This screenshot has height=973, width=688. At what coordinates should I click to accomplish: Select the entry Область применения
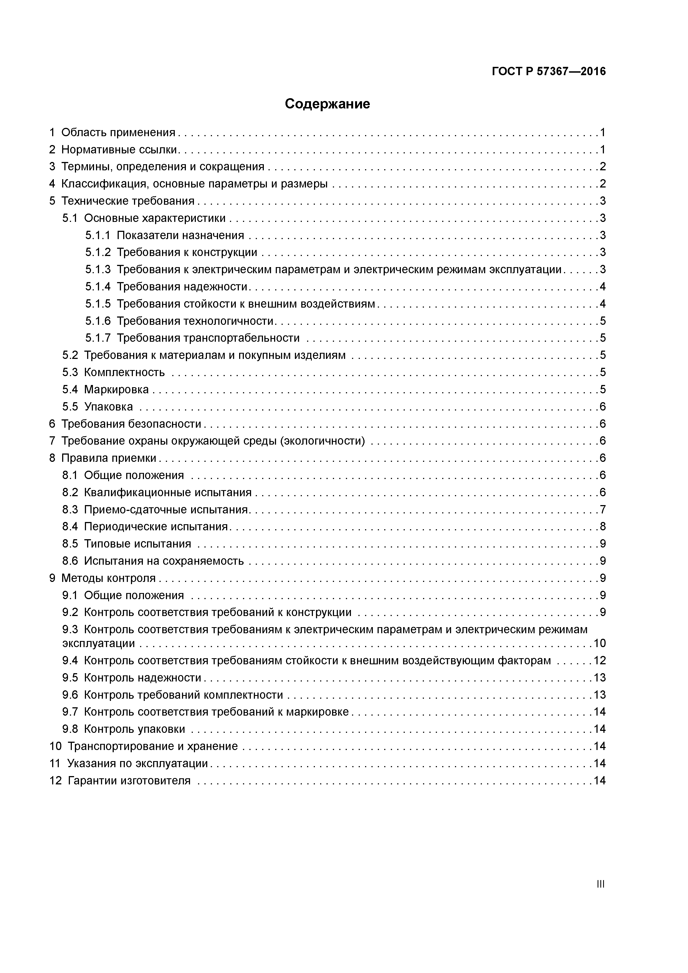tap(118, 133)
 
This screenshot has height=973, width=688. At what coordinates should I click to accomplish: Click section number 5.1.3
tap(97, 270)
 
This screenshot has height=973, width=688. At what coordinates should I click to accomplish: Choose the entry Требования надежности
tap(182, 287)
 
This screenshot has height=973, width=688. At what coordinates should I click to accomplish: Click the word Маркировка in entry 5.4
tap(116, 389)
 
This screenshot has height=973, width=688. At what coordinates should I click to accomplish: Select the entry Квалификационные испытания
tap(168, 492)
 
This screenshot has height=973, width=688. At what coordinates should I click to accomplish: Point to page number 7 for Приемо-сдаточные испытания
tap(602, 510)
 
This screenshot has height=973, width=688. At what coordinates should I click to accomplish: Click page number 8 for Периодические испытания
tap(602, 527)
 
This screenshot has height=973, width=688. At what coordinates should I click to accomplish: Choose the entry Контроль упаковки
tap(134, 729)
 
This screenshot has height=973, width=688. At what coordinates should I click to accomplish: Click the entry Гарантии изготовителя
tap(129, 781)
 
